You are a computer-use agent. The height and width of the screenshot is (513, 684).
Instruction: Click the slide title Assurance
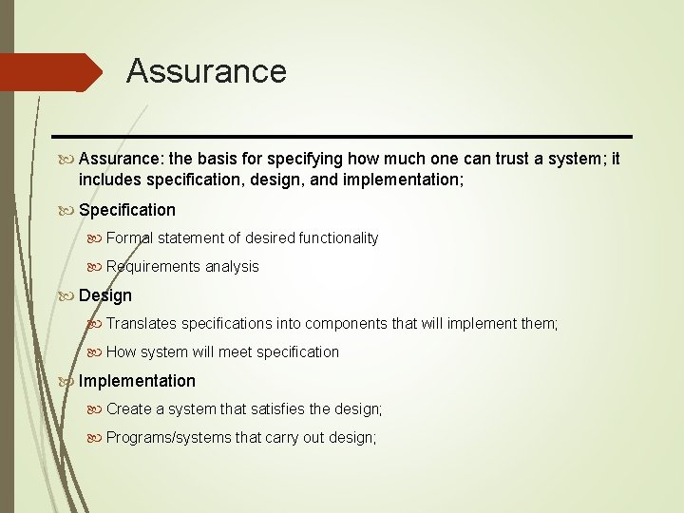pos(206,71)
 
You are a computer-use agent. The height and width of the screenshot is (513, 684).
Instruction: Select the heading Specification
pos(127,209)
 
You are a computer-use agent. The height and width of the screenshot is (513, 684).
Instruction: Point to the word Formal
pos(130,237)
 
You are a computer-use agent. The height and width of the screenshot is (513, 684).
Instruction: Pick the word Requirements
pos(154,266)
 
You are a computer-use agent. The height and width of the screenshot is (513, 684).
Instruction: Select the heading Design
pos(105,295)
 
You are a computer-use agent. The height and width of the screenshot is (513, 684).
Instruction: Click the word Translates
pos(141,324)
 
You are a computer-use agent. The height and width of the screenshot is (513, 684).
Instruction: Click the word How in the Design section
pos(122,351)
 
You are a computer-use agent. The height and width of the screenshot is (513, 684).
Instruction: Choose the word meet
pos(235,351)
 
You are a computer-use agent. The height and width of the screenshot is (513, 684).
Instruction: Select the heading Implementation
pos(137,381)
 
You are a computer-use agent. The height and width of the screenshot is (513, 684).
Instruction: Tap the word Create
pos(129,409)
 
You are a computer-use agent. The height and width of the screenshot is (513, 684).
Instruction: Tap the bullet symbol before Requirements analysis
pos(95,266)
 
